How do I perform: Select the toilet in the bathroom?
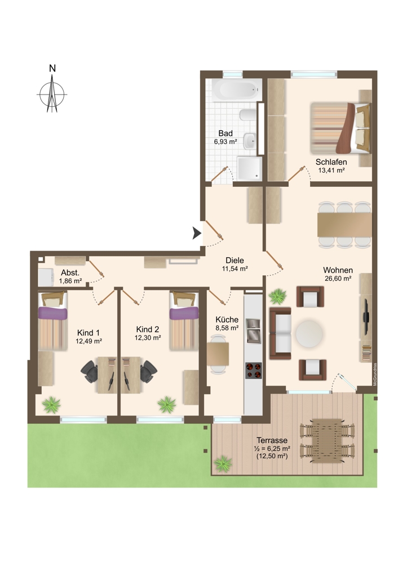click(247, 115)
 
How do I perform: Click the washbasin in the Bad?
click(250, 141)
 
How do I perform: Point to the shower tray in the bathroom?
click(249, 168)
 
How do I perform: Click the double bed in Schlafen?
click(340, 128)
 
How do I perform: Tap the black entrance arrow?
click(196, 233)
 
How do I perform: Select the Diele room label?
click(235, 260)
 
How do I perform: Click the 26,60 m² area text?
click(338, 278)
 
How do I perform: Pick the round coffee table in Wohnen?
click(309, 334)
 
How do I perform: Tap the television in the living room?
click(366, 316)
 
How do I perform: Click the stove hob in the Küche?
click(254, 370)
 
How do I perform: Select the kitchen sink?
click(254, 330)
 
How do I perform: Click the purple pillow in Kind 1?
click(52, 313)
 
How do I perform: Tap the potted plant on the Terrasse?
click(223, 463)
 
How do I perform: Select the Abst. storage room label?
click(70, 272)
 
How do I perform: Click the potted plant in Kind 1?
click(51, 405)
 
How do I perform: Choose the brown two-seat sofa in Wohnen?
click(280, 333)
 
